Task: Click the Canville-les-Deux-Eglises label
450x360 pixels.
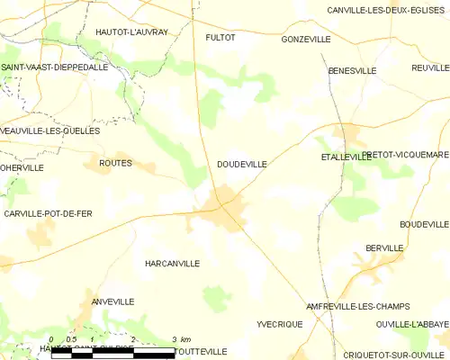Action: click(x=377, y=10)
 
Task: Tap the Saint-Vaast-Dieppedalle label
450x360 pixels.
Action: click(x=55, y=67)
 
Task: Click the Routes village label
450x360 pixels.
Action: click(x=115, y=163)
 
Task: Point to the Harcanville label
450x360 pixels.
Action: click(x=172, y=263)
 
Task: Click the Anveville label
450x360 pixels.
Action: click(x=112, y=301)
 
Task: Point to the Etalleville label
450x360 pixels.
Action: click(x=346, y=157)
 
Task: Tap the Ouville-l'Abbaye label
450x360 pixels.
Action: click(x=413, y=323)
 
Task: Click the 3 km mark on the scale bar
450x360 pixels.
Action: click(x=174, y=338)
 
